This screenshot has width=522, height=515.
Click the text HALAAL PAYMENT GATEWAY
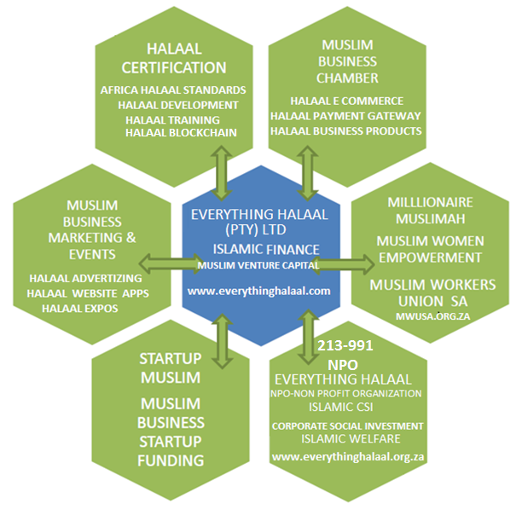345,116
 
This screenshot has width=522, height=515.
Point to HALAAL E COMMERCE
346,101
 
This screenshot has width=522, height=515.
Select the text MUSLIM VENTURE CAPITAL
259,266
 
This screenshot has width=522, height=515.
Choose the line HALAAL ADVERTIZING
84,278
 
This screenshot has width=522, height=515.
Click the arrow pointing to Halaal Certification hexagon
223,171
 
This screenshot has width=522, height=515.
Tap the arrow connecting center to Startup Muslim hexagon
222,339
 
